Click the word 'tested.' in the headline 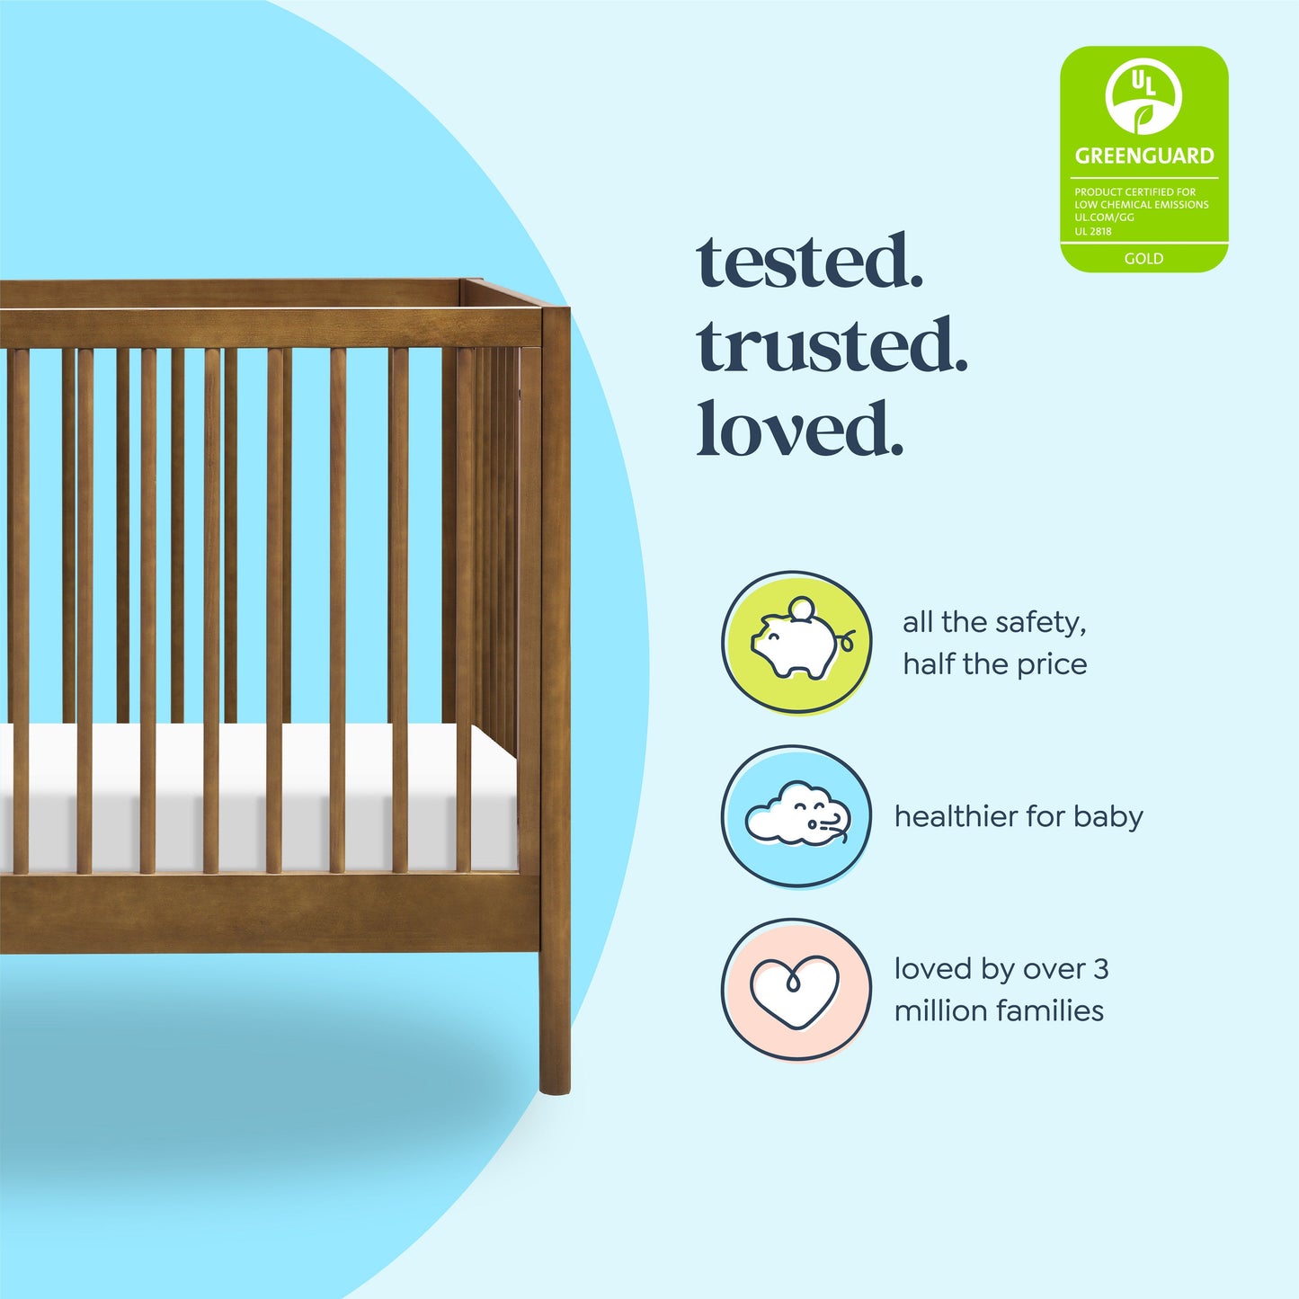(809, 262)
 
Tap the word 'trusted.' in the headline (832, 346)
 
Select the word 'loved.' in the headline (799, 429)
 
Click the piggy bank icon (796, 644)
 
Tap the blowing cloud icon (796, 816)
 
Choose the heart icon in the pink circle (795, 991)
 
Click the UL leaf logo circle (1143, 97)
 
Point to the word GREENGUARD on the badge (1143, 156)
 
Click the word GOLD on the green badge (1143, 259)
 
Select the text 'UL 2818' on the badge (1093, 231)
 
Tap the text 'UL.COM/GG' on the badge (1104, 218)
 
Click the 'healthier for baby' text (1019, 816)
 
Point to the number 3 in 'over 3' (1100, 969)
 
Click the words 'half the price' (994, 664)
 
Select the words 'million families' (999, 1010)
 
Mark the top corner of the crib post (555, 310)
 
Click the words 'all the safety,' (994, 622)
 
